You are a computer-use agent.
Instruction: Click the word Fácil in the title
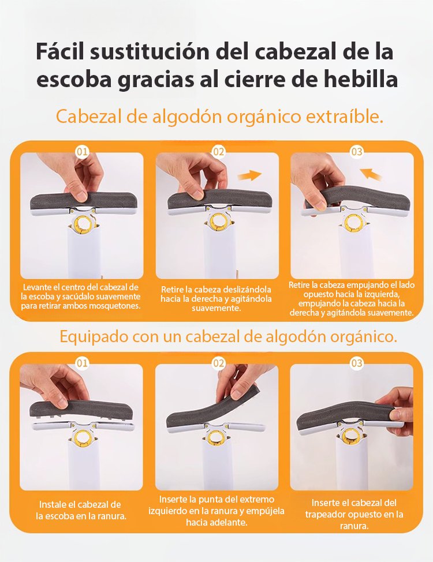coord(60,52)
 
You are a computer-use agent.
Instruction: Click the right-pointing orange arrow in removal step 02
coord(249,175)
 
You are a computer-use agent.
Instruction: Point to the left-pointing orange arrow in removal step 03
coord(371,175)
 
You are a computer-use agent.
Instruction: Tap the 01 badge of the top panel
coord(82,152)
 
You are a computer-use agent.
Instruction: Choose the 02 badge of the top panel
coord(218,152)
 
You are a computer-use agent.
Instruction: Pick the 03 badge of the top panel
coord(356,152)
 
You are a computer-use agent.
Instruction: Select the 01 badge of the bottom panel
coord(82,363)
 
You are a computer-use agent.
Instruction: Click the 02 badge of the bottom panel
coord(218,363)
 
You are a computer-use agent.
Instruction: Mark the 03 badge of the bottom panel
coord(356,363)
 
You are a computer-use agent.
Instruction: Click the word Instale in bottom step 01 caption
coord(53,505)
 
